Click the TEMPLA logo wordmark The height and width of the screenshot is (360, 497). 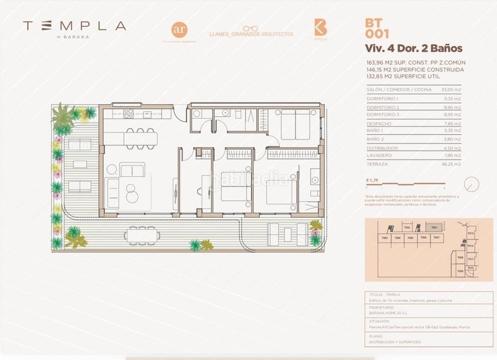pos(74,26)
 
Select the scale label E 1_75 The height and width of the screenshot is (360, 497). pos(373,180)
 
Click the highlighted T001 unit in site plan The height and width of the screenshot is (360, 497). pos(435,228)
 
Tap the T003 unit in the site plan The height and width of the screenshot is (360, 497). pos(385,238)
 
